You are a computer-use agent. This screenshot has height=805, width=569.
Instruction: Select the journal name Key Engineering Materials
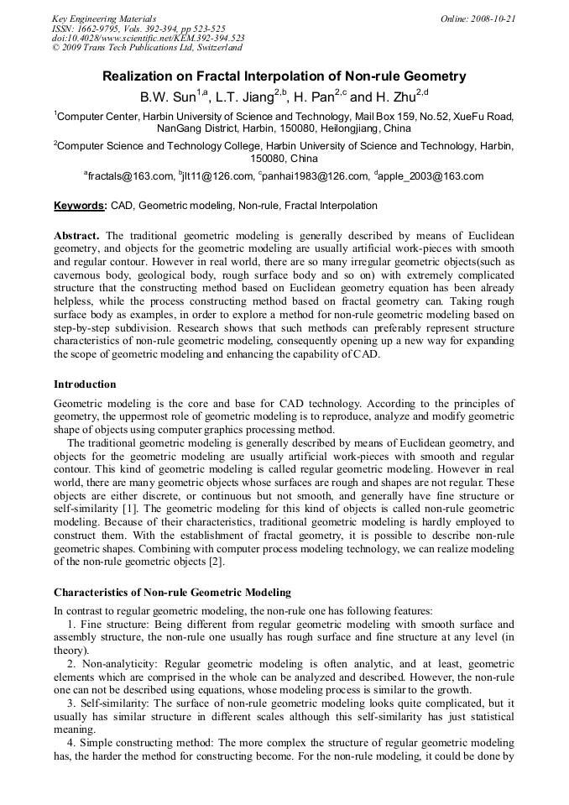click(103, 18)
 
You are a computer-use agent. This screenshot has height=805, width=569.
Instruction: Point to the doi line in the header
click(148, 38)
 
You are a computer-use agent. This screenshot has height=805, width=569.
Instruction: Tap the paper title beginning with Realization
click(284, 76)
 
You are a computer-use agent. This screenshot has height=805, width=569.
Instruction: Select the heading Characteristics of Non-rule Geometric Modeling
click(172, 593)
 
